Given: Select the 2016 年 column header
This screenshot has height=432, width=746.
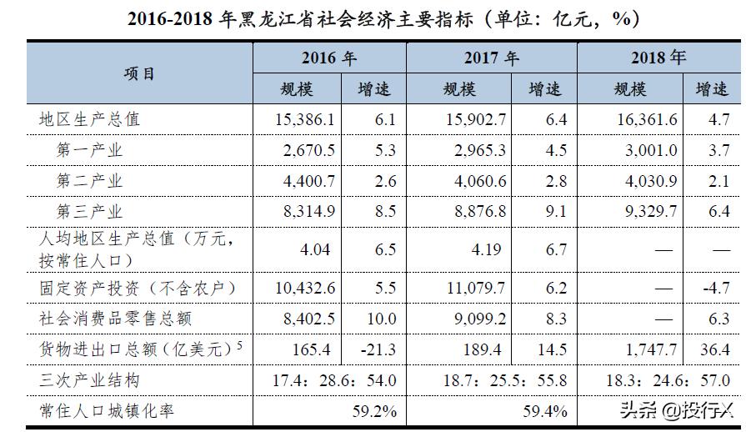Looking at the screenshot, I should (x=328, y=58).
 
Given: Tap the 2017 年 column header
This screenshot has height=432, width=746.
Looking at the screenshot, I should (x=491, y=58).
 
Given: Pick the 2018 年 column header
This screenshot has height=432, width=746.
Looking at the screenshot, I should (x=658, y=58).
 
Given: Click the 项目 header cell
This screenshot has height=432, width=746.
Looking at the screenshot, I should (x=139, y=73).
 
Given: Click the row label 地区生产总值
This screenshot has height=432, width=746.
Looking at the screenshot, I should (x=90, y=119).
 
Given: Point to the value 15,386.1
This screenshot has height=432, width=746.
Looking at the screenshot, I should (x=304, y=119).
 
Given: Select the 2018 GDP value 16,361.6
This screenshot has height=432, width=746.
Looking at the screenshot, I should (x=647, y=119).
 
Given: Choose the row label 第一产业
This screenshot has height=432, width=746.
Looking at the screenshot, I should (x=89, y=150).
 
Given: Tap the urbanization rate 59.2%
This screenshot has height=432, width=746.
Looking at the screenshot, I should (x=373, y=411).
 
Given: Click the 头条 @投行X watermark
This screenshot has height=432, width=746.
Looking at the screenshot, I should (x=676, y=410).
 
